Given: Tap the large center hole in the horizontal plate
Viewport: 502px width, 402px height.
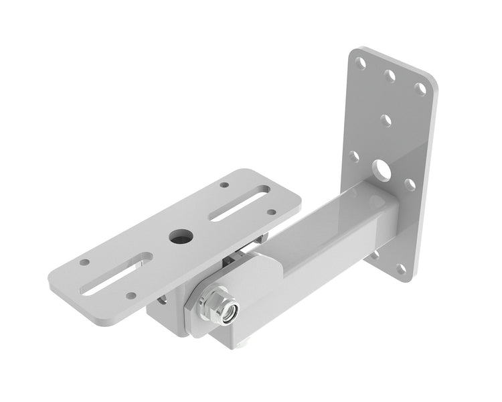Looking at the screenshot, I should [x=179, y=236].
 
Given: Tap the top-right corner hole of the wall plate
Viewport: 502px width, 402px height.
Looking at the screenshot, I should [x=420, y=88].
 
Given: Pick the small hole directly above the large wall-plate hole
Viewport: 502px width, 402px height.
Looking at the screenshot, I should [x=386, y=121].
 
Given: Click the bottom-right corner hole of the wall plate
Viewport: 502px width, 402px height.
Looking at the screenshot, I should [x=401, y=269].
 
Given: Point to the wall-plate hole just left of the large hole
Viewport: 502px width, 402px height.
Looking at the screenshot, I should [x=354, y=157].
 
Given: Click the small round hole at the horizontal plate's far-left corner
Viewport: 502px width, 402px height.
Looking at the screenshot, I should [x=84, y=262].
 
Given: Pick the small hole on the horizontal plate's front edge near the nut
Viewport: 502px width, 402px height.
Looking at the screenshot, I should [x=131, y=295].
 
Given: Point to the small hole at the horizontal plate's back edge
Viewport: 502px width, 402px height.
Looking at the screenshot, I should [x=224, y=185].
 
